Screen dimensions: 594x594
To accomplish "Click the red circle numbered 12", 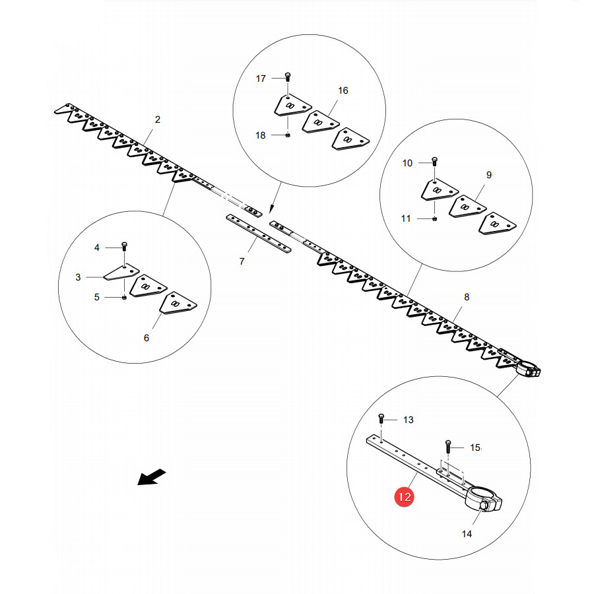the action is [x=404, y=496].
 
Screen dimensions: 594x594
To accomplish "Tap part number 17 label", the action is [x=261, y=79].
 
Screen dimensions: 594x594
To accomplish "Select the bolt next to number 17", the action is [x=288, y=77].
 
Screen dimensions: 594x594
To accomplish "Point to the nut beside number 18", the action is [x=288, y=135].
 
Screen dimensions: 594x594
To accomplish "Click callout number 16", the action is [x=343, y=90].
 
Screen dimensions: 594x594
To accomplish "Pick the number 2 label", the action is [x=158, y=119].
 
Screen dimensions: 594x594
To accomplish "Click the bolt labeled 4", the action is [x=124, y=246].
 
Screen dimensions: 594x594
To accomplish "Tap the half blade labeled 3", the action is [x=121, y=272].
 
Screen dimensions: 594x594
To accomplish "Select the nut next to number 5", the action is [x=124, y=298].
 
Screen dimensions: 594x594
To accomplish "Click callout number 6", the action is [x=147, y=338].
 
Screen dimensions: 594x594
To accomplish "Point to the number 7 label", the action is [x=242, y=261].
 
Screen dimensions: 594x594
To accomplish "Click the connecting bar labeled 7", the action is [x=259, y=234].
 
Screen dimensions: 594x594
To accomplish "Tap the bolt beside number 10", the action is [x=434, y=162].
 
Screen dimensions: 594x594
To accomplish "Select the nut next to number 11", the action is [x=434, y=218].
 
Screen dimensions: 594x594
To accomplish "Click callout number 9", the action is [x=489, y=175].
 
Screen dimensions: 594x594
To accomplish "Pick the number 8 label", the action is [x=467, y=297].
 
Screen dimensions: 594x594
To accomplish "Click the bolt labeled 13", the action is [x=381, y=418].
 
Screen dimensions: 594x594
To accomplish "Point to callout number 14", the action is [x=467, y=534].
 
